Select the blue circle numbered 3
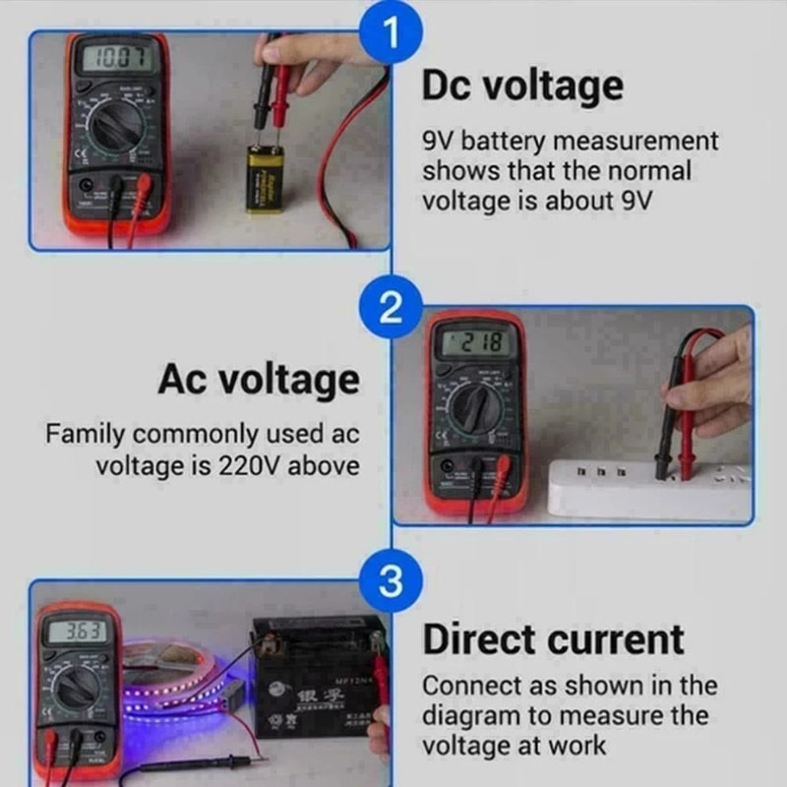pos(391,582)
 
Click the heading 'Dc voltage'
pos(522,86)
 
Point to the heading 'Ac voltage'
pos(259,379)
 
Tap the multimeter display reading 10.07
pos(116,58)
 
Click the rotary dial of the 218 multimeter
pos(475,406)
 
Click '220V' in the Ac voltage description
pos(250,464)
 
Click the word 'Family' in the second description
pos(85,434)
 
